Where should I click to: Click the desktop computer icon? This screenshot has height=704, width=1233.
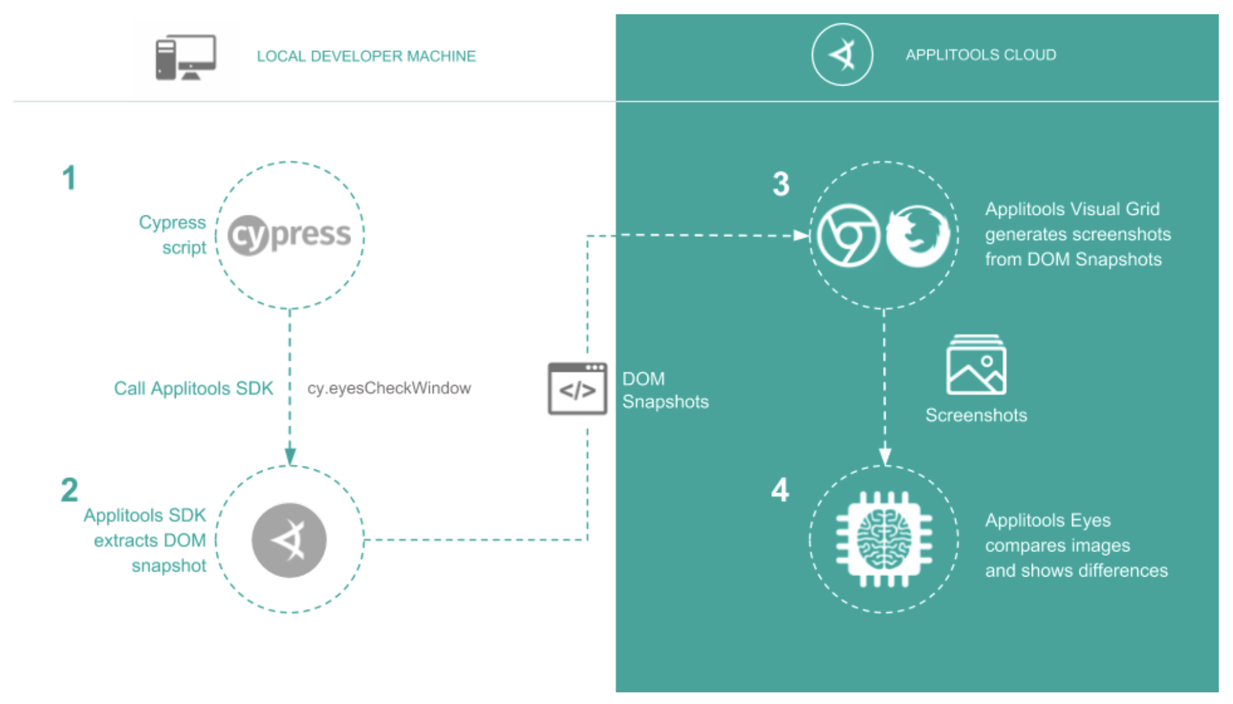(x=186, y=57)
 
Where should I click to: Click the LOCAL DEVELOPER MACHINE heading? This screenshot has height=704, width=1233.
(x=366, y=56)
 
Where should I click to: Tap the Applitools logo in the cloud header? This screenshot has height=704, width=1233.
(x=842, y=55)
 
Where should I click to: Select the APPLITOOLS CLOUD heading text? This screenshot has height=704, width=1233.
(x=980, y=55)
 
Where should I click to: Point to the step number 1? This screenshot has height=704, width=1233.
(x=69, y=178)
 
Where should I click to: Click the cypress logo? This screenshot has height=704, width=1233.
(x=290, y=235)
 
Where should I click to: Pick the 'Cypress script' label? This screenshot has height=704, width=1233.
(x=173, y=235)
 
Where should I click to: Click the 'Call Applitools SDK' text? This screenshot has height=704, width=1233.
(x=193, y=388)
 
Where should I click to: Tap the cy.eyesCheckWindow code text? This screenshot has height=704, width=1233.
(x=389, y=388)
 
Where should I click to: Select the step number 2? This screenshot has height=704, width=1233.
(x=69, y=490)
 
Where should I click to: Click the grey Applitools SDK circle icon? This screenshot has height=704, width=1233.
(x=289, y=540)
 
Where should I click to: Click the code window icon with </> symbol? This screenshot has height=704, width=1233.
(x=577, y=389)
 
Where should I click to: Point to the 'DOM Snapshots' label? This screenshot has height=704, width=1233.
(x=665, y=390)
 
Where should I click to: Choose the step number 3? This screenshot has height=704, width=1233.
(x=781, y=184)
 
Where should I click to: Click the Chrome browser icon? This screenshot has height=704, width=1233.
(x=848, y=236)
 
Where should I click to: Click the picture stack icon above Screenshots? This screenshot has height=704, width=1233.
(x=976, y=365)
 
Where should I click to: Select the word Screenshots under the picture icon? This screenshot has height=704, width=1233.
(x=976, y=415)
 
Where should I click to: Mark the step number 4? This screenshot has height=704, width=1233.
(x=780, y=490)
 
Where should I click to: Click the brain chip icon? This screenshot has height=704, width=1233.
(x=884, y=539)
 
